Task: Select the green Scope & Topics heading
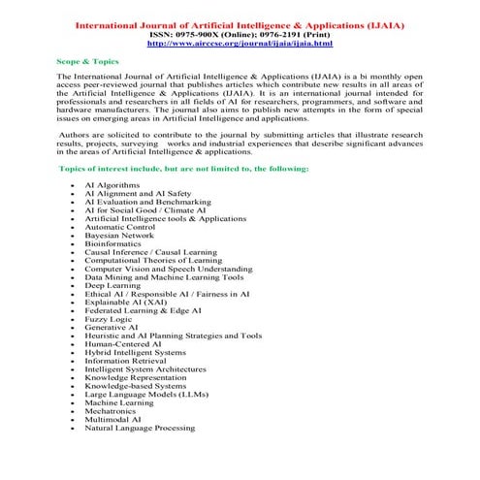82,60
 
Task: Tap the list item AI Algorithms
112,183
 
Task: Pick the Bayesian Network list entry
118,235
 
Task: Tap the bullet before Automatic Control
73,226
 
